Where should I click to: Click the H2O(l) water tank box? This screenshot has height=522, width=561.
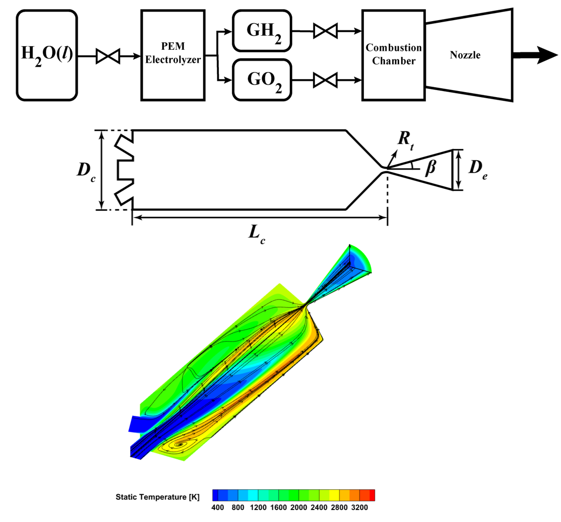tap(47, 55)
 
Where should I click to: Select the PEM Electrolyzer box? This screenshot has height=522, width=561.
tap(173, 55)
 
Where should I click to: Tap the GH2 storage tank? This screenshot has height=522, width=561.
tap(262, 31)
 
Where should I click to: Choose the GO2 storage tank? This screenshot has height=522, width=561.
tap(262, 80)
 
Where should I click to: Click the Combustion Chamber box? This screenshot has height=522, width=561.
tap(394, 55)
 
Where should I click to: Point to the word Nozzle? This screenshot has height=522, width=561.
tap(465, 55)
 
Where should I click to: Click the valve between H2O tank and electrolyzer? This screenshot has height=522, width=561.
tap(108, 56)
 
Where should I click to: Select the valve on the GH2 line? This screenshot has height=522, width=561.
tap(325, 31)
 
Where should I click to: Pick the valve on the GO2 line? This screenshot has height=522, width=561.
tap(325, 80)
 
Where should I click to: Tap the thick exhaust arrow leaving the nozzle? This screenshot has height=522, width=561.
tap(535, 55)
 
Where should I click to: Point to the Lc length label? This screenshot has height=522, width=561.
tap(257, 234)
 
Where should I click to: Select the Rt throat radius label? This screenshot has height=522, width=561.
tap(406, 140)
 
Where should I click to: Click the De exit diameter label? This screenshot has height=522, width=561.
tap(478, 169)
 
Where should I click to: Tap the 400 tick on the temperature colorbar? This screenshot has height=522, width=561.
tap(218, 507)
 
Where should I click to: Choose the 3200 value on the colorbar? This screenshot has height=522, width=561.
tap(359, 507)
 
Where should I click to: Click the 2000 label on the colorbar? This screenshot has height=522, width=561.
tap(298, 507)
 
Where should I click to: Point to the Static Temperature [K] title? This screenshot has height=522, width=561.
tap(157, 497)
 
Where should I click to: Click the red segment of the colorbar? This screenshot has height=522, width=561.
tap(372, 495)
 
